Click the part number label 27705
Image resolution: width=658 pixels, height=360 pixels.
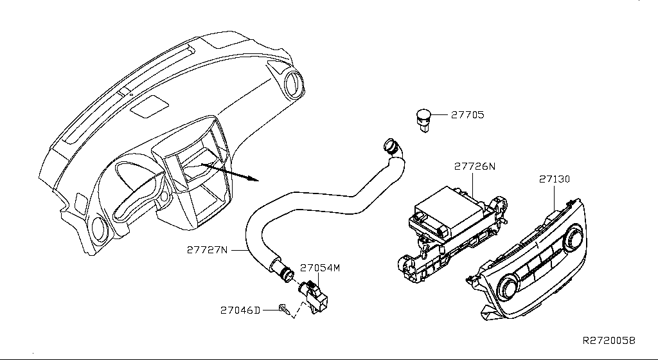pyautogui.click(x=468, y=114)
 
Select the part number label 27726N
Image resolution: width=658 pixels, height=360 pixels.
pyautogui.click(x=475, y=166)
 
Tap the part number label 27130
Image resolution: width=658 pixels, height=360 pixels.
pyautogui.click(x=555, y=179)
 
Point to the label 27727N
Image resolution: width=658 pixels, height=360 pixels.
pyautogui.click(x=208, y=250)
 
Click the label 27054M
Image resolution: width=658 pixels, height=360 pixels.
pyautogui.click(x=320, y=267)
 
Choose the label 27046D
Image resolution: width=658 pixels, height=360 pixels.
pyautogui.click(x=240, y=310)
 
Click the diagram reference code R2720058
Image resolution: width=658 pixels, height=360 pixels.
pyautogui.click(x=609, y=340)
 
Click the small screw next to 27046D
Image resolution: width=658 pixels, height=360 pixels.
pyautogui.click(x=284, y=310)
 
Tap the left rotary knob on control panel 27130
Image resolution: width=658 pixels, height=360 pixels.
pyautogui.click(x=508, y=288)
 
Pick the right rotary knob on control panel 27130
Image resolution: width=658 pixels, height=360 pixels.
pyautogui.click(x=573, y=237)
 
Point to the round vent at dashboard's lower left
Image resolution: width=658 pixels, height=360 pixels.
pyautogui.click(x=100, y=229)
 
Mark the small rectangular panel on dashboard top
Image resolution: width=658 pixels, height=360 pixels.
pyautogui.click(x=149, y=106)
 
